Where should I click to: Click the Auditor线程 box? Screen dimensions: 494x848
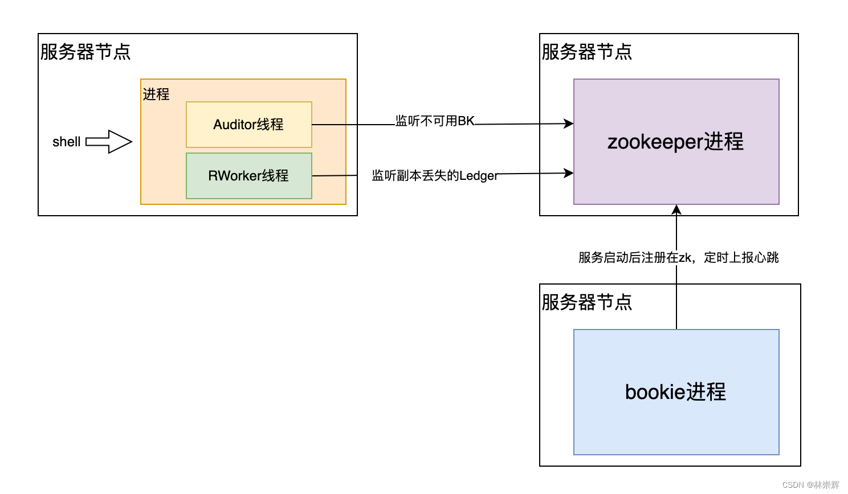coord(248,125)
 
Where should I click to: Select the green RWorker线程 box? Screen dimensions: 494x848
coord(248,176)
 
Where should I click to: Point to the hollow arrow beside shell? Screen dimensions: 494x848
coord(109,142)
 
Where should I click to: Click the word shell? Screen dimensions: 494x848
coord(66,142)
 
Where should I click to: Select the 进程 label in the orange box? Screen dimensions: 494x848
coord(156,94)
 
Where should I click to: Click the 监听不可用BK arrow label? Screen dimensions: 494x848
coord(435,121)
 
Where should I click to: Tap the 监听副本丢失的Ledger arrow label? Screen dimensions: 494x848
coord(435,176)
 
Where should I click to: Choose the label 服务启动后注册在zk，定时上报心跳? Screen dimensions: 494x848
coord(678,258)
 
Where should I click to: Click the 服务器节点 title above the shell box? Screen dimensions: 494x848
coord(85,52)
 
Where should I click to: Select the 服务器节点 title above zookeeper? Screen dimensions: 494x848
coord(587,52)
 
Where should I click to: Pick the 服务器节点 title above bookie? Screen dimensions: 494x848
coord(587,302)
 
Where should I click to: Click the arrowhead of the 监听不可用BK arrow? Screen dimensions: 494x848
coord(569,124)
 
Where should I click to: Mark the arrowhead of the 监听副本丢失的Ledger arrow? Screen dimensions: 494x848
coord(569,173)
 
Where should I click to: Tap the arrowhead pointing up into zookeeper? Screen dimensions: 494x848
coord(676,209)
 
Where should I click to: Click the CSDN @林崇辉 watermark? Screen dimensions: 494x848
coord(810,485)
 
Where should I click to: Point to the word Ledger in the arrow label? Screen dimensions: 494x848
coord(479,176)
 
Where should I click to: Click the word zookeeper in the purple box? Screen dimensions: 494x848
coord(655,142)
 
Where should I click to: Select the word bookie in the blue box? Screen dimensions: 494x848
coord(654,392)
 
